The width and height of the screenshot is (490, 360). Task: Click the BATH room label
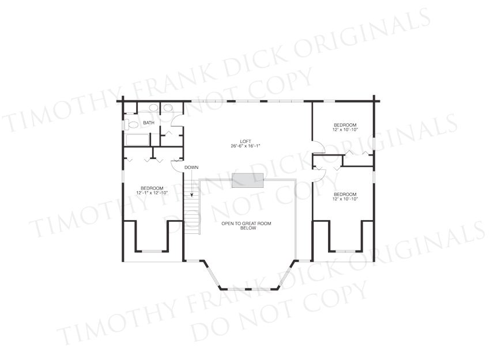point(149,123)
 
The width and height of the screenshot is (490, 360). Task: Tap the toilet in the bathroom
point(131,125)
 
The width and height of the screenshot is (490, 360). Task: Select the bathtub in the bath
point(138,140)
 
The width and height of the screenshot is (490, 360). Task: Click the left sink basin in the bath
point(153,108)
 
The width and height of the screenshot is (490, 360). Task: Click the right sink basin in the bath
point(168,108)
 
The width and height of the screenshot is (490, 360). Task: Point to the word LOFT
point(246,142)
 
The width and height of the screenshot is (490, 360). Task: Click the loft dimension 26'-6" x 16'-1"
point(246,146)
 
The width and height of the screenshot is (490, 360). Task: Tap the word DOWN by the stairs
point(191,168)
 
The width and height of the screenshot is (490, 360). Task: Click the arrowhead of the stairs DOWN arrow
point(192,195)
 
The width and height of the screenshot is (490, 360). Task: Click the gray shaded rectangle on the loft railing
point(247,180)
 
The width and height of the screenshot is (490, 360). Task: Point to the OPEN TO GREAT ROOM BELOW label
point(246,226)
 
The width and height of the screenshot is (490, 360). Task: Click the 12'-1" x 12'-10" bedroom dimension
point(152,193)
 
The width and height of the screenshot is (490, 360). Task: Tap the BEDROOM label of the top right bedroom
point(345,125)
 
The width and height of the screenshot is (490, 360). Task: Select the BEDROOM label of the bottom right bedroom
point(345,194)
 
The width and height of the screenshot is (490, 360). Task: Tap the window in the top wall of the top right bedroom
point(329,101)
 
